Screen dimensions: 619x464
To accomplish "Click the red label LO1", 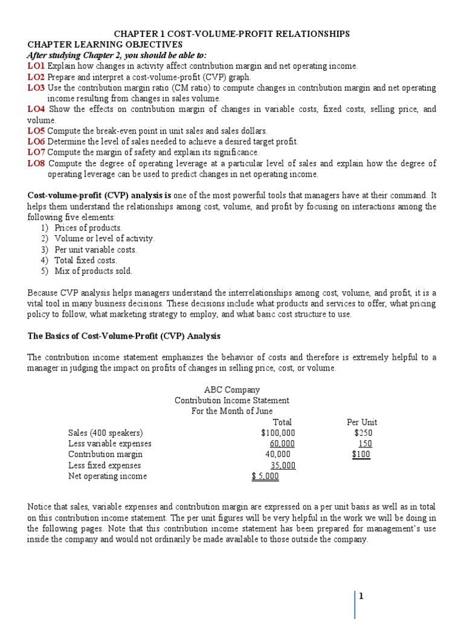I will (36, 66).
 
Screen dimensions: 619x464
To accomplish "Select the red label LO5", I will (36, 131).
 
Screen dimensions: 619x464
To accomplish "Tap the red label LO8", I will (36, 163).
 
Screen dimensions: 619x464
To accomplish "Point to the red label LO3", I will (36, 88).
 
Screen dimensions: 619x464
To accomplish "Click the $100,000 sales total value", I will (279, 433).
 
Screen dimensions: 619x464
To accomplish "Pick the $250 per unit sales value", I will (364, 433).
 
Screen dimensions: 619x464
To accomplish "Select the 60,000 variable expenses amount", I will (282, 444).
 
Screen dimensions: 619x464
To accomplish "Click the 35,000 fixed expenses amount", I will (283, 465).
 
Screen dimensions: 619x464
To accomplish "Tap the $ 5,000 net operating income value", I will (265, 476).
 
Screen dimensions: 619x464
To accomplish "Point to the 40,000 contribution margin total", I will (278, 455).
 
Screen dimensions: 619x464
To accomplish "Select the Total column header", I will (282, 422).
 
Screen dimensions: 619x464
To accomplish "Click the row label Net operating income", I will (108, 476).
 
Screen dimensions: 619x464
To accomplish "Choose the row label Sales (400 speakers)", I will (106, 433).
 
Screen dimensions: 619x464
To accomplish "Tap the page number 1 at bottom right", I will (361, 596).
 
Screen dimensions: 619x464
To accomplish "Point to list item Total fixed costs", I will (86, 261).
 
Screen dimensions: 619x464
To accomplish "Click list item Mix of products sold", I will (93, 271).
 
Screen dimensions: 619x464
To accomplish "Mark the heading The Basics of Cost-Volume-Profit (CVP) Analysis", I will (124, 335).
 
